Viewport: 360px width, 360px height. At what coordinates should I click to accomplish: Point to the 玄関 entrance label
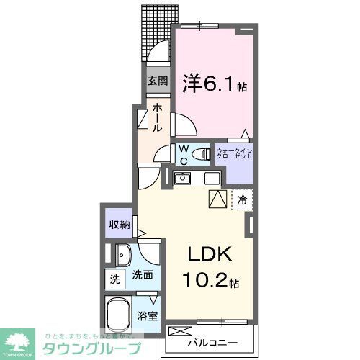(x=158, y=81)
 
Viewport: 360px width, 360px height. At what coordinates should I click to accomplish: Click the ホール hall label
(x=157, y=117)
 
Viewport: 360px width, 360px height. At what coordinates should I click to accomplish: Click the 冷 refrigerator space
(x=243, y=199)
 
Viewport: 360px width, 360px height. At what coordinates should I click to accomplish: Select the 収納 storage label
(x=120, y=224)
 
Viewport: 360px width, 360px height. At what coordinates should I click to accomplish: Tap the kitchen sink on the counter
(x=184, y=178)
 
